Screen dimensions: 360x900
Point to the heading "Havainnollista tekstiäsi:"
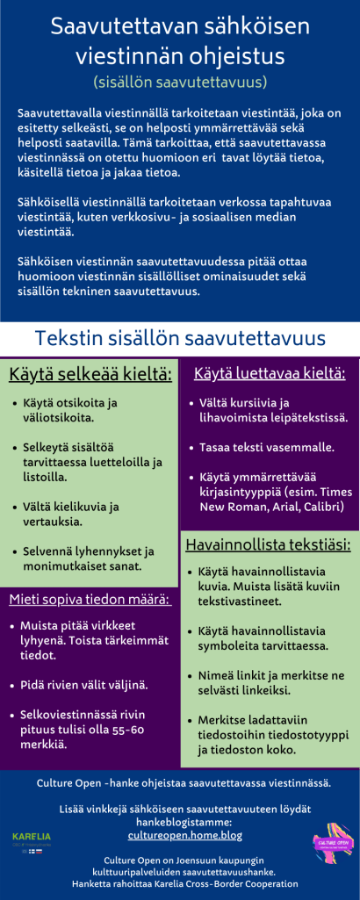(268, 544)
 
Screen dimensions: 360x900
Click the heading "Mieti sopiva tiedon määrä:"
(90, 600)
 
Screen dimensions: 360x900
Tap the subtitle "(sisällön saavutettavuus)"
(179, 82)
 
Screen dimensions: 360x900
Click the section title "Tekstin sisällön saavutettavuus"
(180, 338)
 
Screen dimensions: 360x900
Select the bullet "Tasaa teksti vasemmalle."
(267, 447)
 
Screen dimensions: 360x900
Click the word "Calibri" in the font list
(321, 508)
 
